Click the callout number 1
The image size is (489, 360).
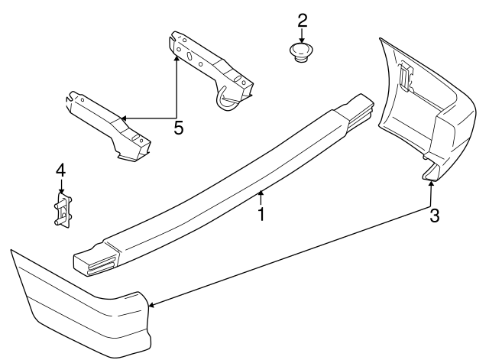(x=261, y=214)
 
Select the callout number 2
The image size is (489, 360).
(x=302, y=19)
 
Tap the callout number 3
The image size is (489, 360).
(x=434, y=216)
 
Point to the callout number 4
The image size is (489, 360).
(x=60, y=170)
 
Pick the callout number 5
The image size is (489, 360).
(x=178, y=128)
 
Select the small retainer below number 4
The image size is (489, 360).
(x=62, y=209)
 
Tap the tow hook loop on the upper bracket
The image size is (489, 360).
(x=230, y=99)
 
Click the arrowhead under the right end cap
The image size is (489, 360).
(x=430, y=181)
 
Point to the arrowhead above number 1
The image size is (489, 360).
(x=261, y=193)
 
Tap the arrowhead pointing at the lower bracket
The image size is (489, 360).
(x=122, y=118)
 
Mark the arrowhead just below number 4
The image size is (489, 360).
(x=61, y=193)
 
